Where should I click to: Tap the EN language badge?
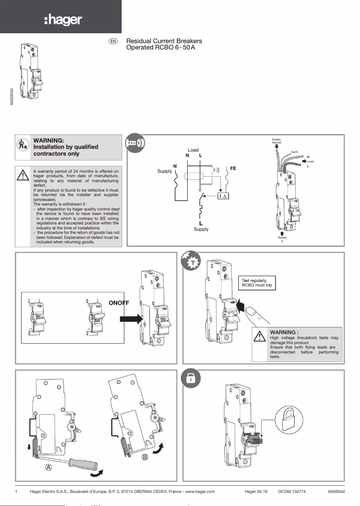[113, 41]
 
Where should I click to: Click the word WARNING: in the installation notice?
[49, 140]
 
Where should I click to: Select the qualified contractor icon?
[22, 147]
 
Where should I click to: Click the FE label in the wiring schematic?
[233, 168]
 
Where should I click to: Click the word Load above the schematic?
[193, 150]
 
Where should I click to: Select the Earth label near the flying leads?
[294, 152]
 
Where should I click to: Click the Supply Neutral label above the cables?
[277, 141]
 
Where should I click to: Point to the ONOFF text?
[119, 303]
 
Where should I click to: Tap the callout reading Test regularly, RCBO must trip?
[257, 283]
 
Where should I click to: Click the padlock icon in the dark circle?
[190, 379]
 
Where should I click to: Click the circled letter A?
[48, 467]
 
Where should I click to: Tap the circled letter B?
[145, 457]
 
